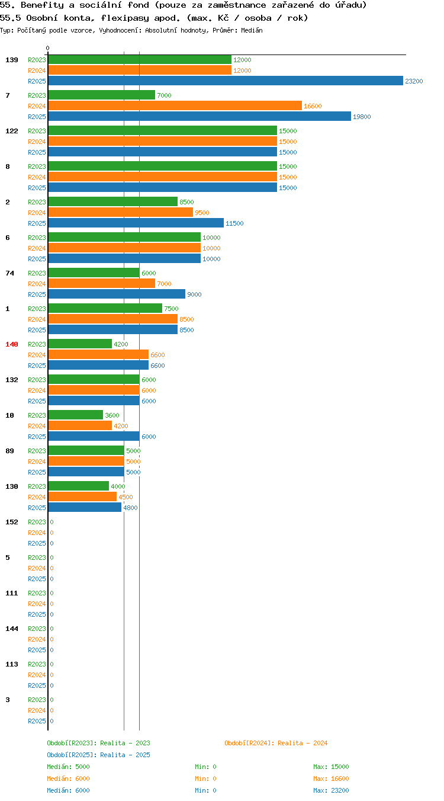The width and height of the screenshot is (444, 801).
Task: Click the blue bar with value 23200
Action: click(226, 81)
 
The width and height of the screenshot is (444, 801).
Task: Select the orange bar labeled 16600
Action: click(175, 106)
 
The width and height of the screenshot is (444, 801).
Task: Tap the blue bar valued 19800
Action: click(200, 117)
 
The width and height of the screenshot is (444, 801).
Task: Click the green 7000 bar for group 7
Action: click(101, 95)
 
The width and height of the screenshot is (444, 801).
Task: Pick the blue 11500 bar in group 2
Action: click(136, 223)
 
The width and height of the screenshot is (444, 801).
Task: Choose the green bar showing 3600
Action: click(75, 415)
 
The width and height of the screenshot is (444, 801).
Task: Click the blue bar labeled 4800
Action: click(85, 507)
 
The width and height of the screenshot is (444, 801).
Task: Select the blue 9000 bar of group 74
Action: click(117, 294)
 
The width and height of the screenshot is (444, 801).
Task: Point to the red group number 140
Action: click(12, 344)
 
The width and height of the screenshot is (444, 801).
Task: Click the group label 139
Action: click(12, 60)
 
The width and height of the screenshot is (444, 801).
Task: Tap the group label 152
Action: click(12, 522)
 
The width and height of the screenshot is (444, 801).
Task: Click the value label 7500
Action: click(171, 309)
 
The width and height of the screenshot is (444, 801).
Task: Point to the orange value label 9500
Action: click(202, 213)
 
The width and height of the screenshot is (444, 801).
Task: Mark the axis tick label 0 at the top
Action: click(47, 48)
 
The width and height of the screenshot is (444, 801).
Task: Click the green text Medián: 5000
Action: click(68, 767)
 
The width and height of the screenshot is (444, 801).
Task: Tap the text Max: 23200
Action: click(331, 790)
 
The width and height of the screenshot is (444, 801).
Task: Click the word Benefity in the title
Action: click(42, 5)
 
